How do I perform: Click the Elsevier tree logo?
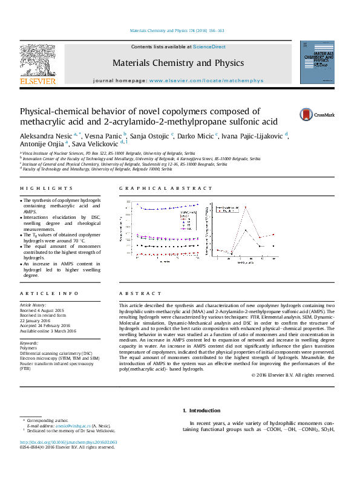click(38, 63)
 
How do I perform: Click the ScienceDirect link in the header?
click(209, 47)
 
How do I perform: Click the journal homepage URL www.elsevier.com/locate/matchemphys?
click(206, 80)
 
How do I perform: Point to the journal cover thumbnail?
click(317, 62)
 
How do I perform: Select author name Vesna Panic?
click(103, 135)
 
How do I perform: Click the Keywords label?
click(29, 343)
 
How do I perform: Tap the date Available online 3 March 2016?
click(48, 331)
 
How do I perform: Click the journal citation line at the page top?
click(177, 30)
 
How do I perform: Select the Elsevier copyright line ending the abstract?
click(292, 375)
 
